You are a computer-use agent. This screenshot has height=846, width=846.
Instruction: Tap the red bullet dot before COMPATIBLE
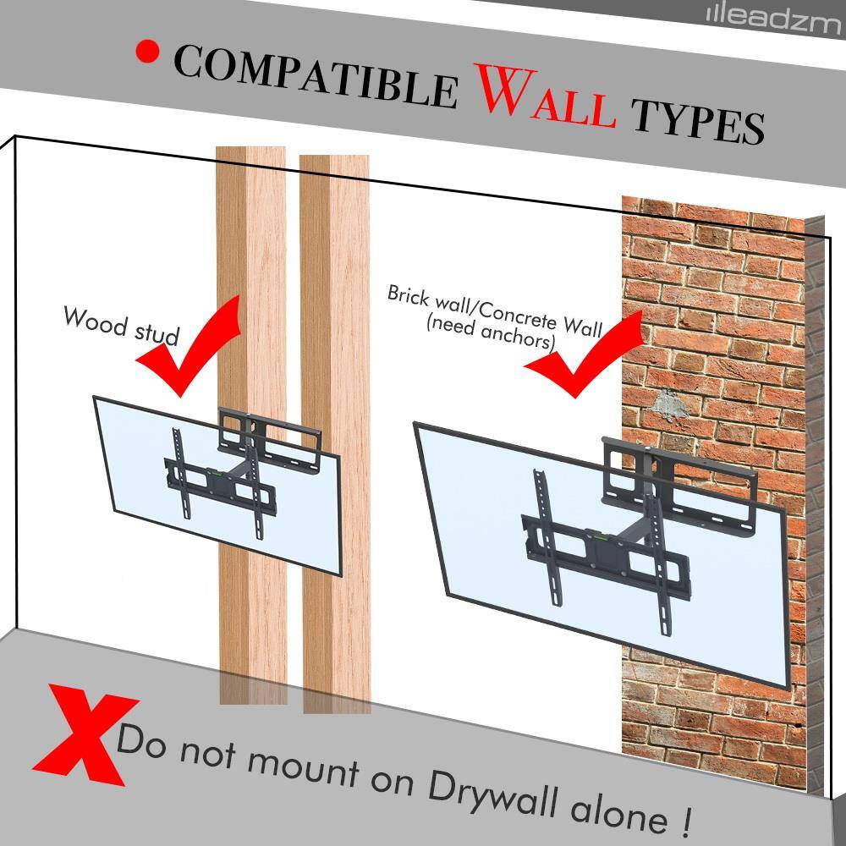[147, 52]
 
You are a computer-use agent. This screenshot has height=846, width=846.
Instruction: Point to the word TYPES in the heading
[699, 121]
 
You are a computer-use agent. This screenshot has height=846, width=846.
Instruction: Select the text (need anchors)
[492, 332]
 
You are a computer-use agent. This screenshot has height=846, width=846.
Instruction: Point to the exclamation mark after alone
[683, 819]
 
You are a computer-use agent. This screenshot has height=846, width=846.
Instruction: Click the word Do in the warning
[140, 740]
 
